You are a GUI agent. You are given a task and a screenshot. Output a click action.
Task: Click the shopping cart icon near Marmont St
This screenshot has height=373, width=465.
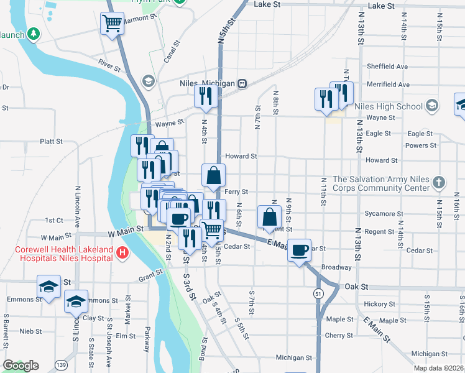click(x=112, y=24)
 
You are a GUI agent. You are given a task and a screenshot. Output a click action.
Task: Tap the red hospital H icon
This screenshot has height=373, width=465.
click(x=122, y=252)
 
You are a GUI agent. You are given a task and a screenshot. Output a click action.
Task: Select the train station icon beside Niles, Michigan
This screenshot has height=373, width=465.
click(x=243, y=83)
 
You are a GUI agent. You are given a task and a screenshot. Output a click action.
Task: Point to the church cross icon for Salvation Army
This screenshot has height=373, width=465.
click(x=439, y=183)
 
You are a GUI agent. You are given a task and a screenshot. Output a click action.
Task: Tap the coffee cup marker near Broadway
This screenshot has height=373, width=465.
click(x=300, y=249)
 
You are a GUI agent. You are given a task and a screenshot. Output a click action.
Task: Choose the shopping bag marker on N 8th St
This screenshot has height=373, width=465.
click(x=269, y=218)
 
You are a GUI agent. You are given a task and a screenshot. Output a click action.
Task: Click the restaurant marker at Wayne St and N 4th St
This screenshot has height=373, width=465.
click(x=204, y=96)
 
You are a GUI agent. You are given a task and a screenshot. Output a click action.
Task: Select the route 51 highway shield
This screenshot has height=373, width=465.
click(x=318, y=293)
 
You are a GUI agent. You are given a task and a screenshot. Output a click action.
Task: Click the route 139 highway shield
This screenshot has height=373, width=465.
click(x=61, y=364)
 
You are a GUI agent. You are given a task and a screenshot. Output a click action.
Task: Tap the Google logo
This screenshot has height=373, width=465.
click(x=21, y=365)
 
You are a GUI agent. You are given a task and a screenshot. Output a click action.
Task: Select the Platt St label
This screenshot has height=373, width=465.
click(x=51, y=141)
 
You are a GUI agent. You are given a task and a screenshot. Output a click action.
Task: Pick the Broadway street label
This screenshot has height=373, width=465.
click(x=336, y=267)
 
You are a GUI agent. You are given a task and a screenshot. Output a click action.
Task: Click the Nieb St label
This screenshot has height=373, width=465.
click(x=30, y=331)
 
